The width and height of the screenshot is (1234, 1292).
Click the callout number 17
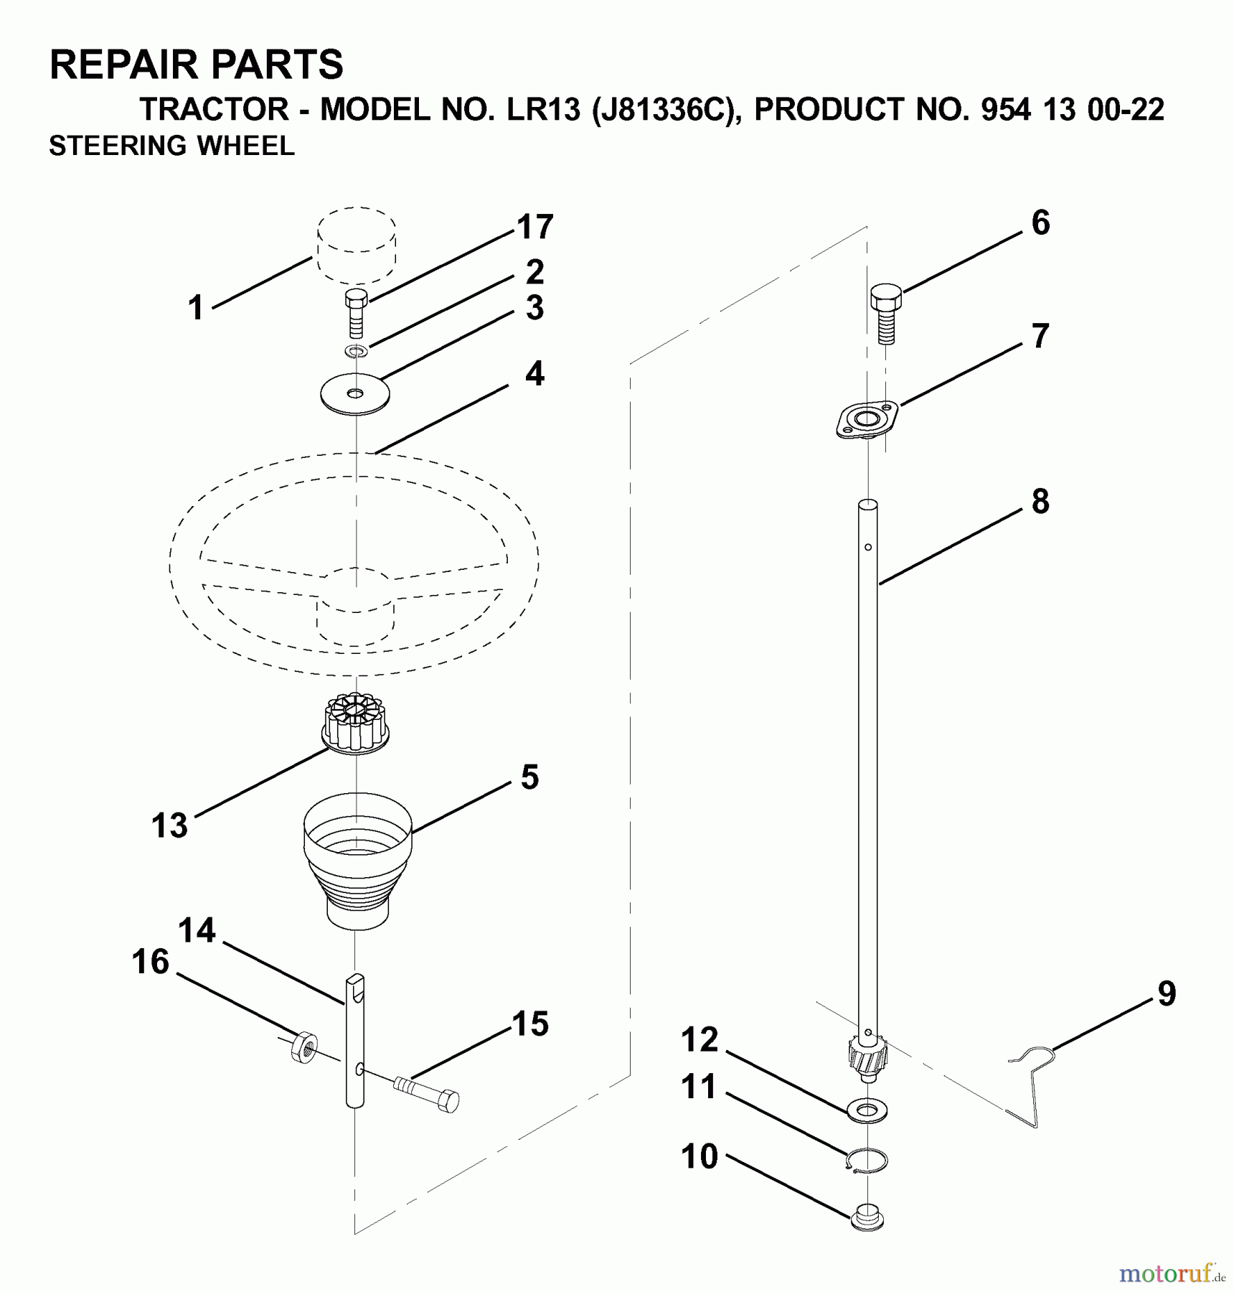pyautogui.click(x=535, y=227)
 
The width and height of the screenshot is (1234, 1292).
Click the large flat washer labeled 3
pyautogui.click(x=354, y=393)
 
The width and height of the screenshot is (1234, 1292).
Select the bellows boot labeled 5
pyautogui.click(x=357, y=858)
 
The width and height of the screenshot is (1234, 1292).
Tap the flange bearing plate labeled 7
pyautogui.click(x=867, y=419)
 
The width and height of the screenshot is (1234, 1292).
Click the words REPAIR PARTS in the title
pyautogui.click(x=196, y=65)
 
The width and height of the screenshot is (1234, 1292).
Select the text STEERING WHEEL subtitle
pyautogui.click(x=171, y=146)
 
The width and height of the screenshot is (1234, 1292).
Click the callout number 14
pyautogui.click(x=197, y=930)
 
